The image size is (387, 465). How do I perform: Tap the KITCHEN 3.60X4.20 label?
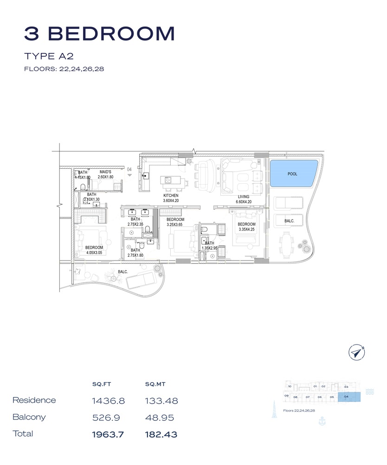coord(171,199)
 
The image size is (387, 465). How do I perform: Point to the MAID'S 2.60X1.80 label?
coord(105,174)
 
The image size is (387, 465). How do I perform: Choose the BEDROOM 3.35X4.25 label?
coord(247,226)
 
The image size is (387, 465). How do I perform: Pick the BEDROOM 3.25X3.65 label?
coord(175,222)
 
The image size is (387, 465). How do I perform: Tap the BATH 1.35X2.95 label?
coord(210,246)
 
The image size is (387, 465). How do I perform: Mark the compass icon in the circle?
coord(357,352)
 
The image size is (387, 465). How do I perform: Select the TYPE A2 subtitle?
coord(49,56)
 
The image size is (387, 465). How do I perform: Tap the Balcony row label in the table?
coord(29,417)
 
